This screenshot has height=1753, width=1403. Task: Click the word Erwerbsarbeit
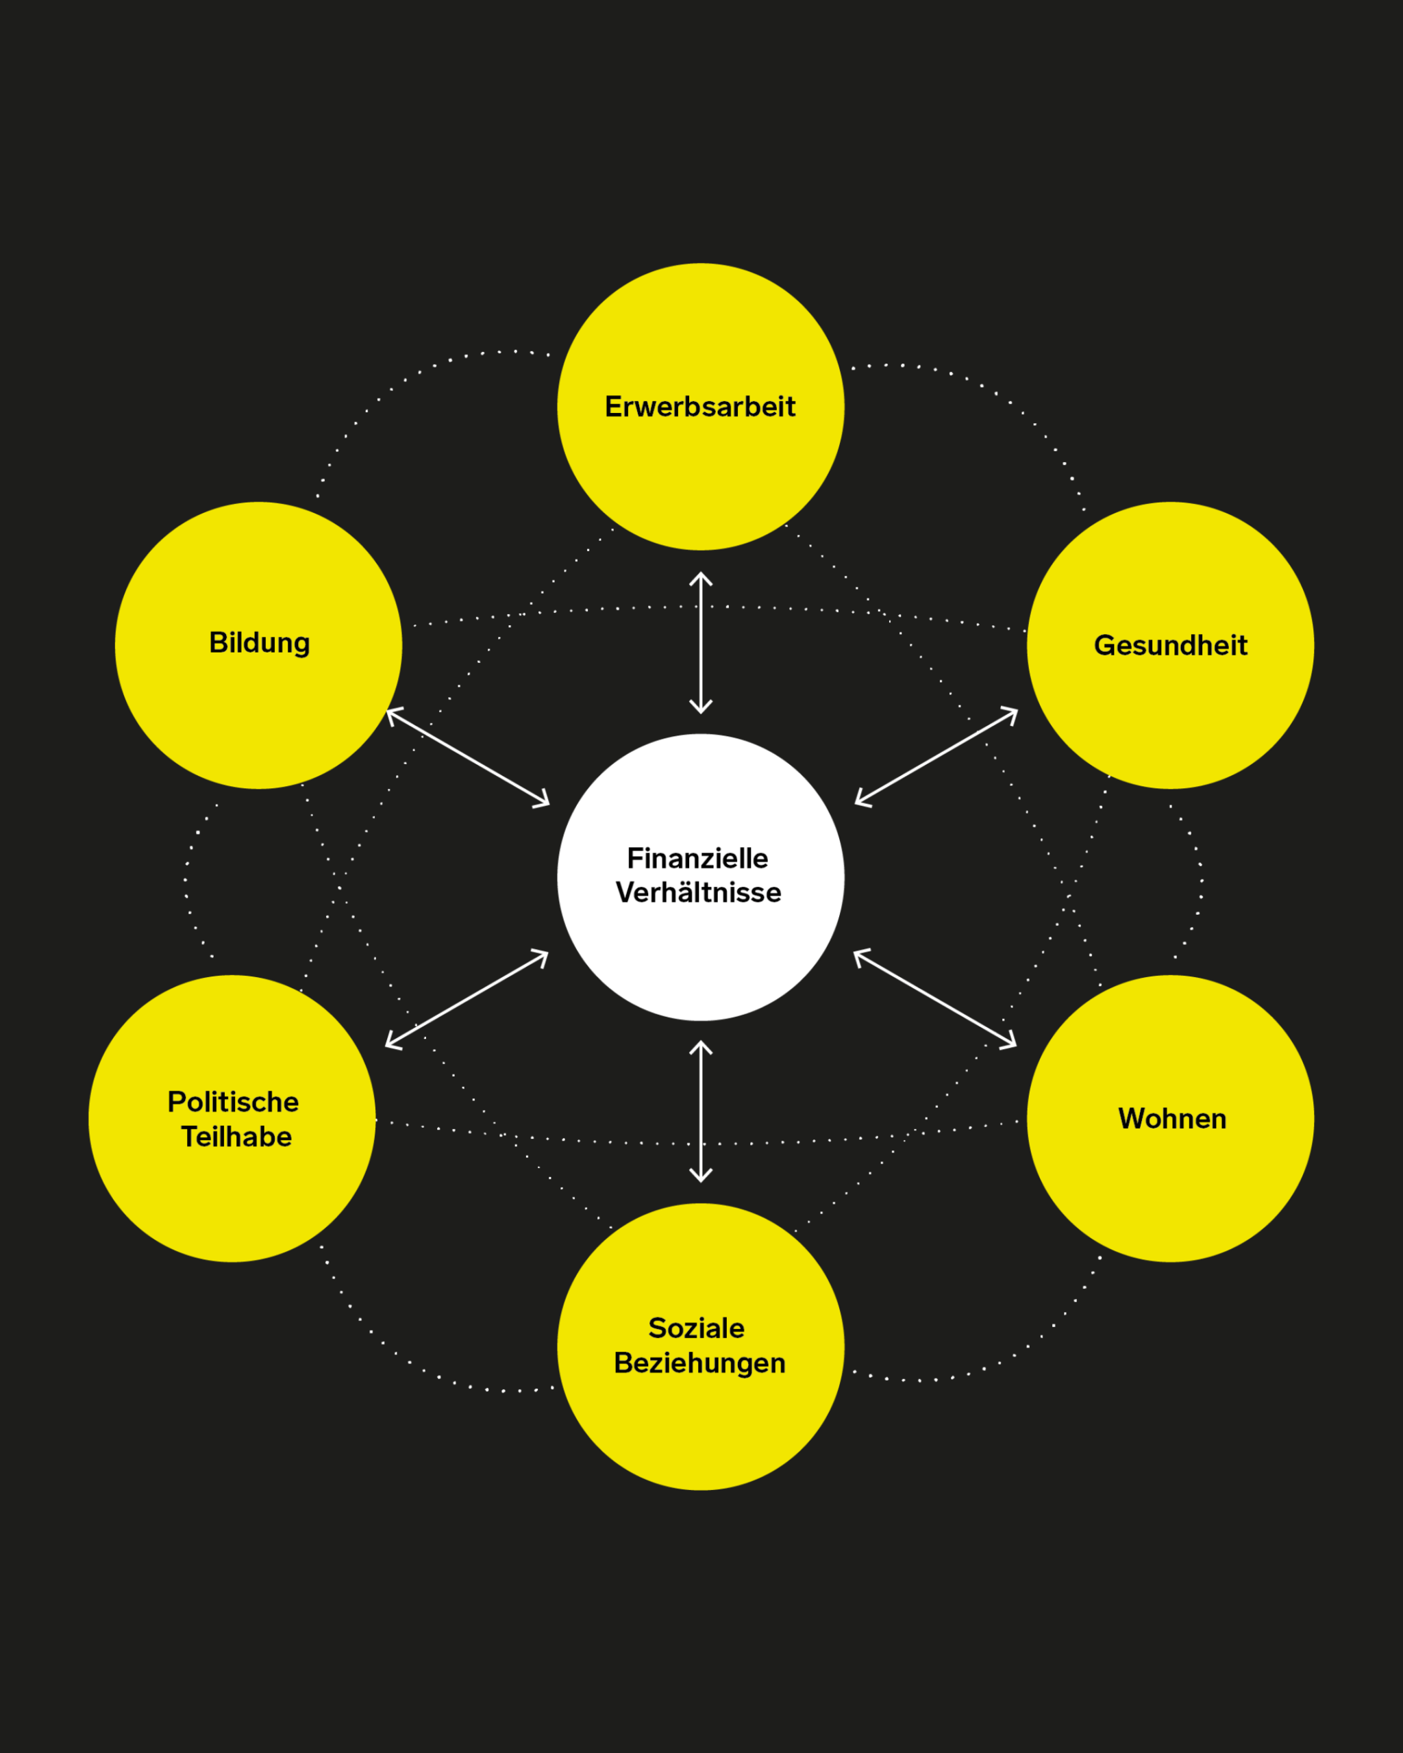699,407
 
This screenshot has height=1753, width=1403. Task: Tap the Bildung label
260,643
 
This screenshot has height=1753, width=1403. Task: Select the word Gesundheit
1170,646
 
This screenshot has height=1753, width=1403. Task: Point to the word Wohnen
1172,1119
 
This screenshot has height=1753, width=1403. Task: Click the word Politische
234,1102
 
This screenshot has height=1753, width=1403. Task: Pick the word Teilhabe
236,1137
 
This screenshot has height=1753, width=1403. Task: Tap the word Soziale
696,1328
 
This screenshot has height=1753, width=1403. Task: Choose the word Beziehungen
699,1363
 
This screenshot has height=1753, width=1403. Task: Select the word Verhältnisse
698,893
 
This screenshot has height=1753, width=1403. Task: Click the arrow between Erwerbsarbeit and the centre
701,642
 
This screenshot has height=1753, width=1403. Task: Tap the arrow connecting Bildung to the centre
468,758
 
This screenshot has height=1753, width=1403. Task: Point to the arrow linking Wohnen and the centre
935,998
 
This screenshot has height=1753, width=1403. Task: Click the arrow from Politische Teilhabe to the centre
467,998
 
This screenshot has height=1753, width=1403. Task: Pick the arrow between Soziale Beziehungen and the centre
701,1111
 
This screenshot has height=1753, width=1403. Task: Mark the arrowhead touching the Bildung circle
392,715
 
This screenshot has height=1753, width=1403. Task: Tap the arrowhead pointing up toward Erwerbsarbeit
701,578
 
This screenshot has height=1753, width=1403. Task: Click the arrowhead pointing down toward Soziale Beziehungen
701,1176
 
